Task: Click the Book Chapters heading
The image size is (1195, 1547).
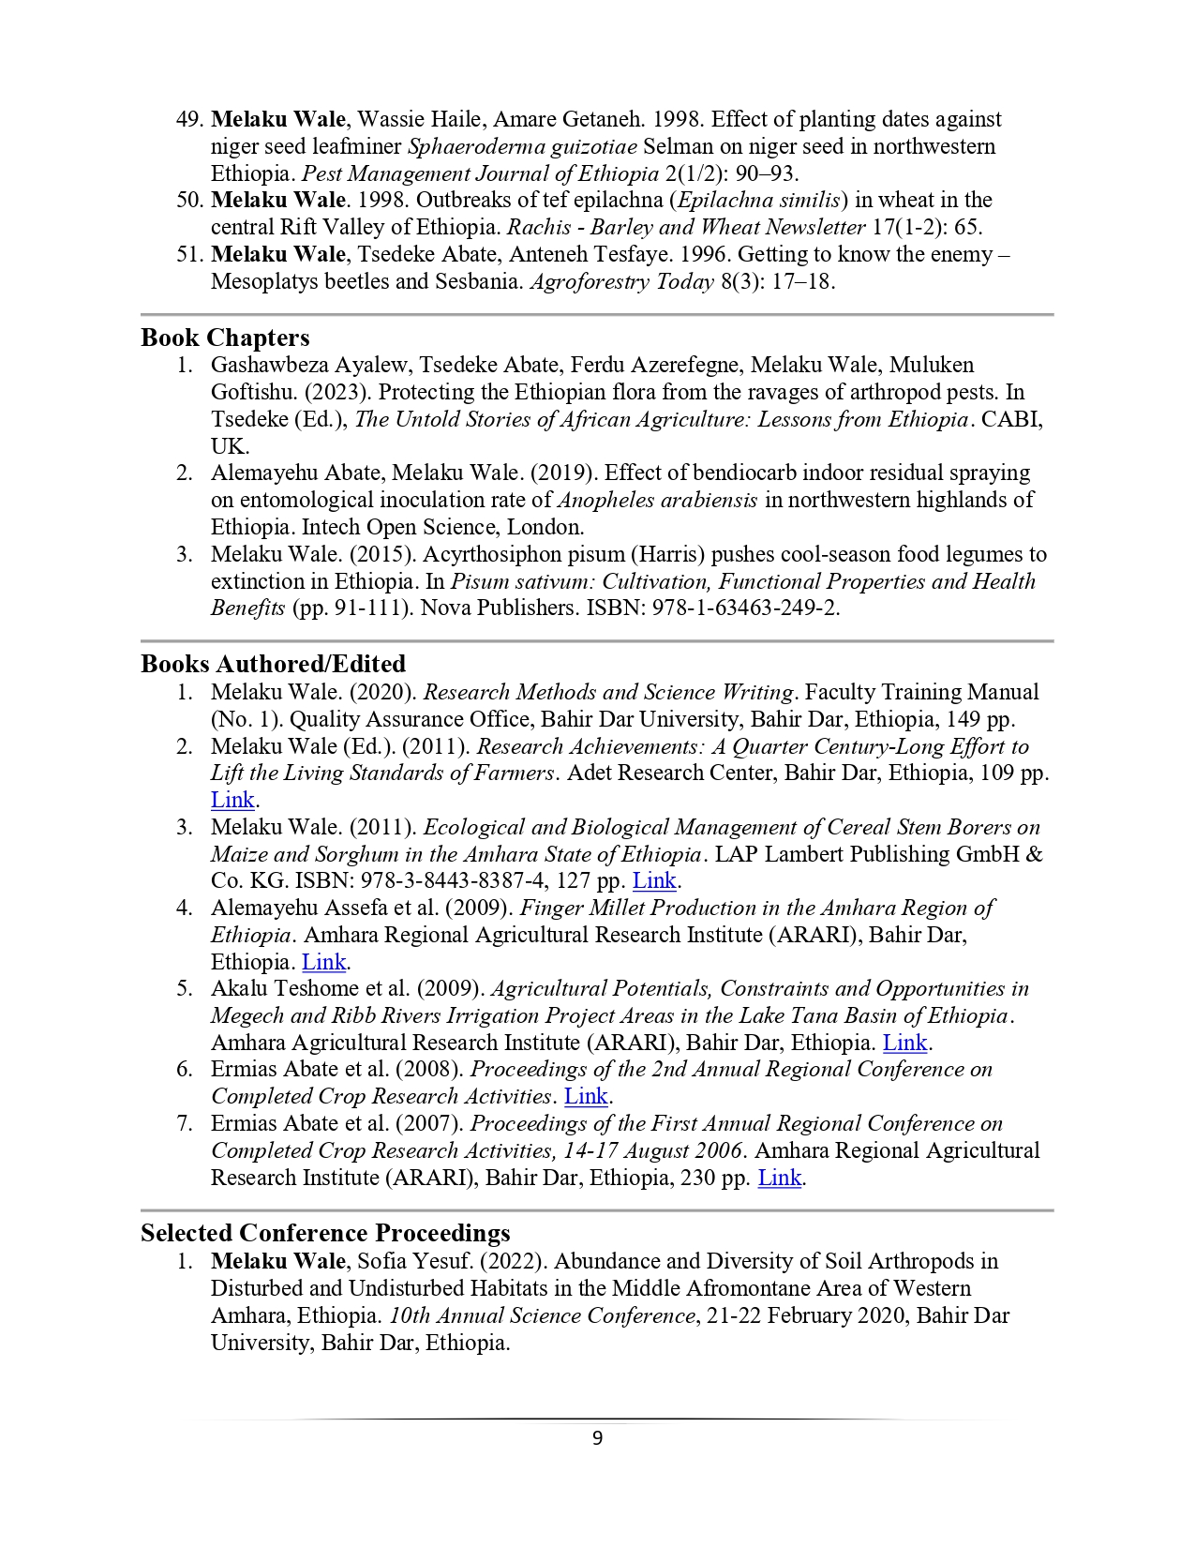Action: (225, 338)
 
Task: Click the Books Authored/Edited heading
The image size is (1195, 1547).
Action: (273, 664)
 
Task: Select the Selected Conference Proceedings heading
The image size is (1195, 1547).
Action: (325, 1233)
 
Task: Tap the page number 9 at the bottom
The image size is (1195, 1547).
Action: (598, 1438)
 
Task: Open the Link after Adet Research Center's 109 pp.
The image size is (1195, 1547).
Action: (232, 800)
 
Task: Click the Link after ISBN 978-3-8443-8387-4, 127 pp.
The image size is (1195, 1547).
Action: (654, 880)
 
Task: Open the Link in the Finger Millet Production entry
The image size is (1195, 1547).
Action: (323, 962)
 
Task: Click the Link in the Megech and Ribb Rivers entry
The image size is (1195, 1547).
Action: (904, 1043)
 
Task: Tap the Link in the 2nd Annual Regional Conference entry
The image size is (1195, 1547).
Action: (586, 1096)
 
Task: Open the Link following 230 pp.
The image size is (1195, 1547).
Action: (779, 1178)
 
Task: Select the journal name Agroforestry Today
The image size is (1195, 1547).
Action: (621, 281)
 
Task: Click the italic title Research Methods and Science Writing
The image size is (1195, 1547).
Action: (608, 692)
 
